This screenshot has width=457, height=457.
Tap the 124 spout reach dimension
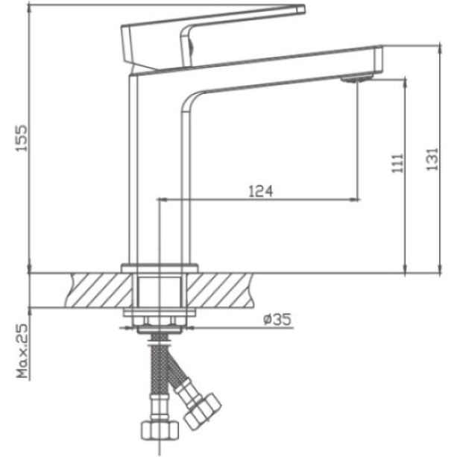click(x=259, y=192)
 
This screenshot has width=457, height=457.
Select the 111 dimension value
click(x=396, y=163)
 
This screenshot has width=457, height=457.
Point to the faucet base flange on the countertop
click(x=160, y=266)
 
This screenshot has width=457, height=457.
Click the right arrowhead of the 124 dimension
click(x=356, y=199)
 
